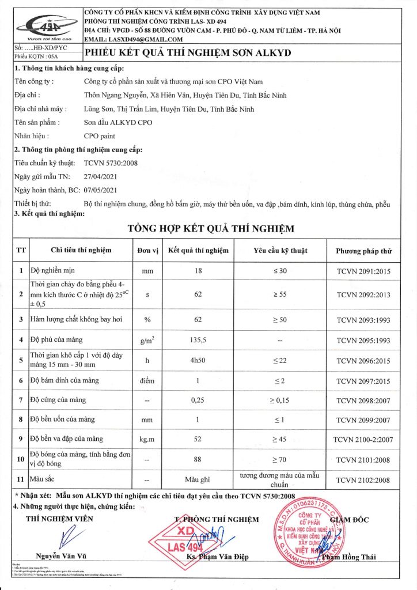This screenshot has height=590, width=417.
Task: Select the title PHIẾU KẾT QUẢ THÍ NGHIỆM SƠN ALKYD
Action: pos(188,53)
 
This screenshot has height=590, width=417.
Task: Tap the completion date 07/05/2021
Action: pos(101,190)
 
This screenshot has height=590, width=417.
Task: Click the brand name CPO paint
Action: pos(100,136)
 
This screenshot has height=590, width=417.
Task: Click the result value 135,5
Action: pos(198,340)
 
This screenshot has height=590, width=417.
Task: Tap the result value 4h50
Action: pos(198,361)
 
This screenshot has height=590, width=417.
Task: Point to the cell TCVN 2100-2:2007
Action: pos(363,440)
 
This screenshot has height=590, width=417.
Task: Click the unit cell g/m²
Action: pos(148,340)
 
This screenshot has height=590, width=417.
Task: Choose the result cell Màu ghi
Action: pos(198,479)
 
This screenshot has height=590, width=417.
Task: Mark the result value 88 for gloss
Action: pos(198,459)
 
